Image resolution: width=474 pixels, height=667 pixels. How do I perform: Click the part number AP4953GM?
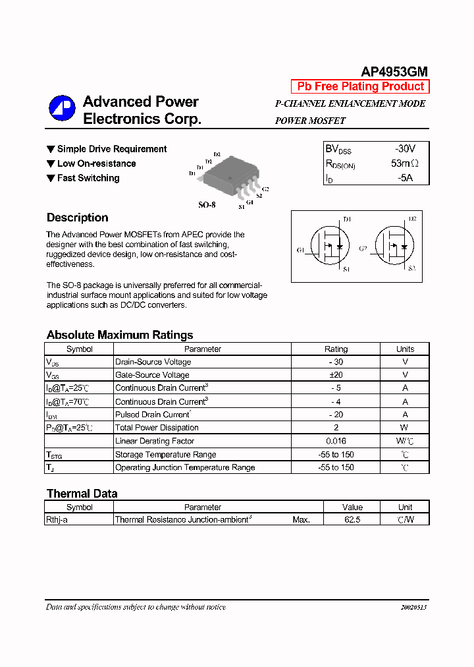pyautogui.click(x=394, y=72)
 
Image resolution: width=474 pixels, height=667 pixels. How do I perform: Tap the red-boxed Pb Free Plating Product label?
pyautogui.click(x=360, y=86)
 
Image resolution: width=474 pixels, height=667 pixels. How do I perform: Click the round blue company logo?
pyautogui.click(x=62, y=109)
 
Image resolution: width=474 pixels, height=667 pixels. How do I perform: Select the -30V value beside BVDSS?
pyautogui.click(x=405, y=149)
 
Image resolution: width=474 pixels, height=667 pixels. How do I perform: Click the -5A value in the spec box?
pyautogui.click(x=404, y=178)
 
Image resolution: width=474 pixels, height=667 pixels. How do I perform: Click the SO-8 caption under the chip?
pyautogui.click(x=207, y=205)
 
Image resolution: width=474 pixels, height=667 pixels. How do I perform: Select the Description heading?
pyautogui.click(x=77, y=217)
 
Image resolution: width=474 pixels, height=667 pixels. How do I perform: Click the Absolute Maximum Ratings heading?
pyautogui.click(x=120, y=335)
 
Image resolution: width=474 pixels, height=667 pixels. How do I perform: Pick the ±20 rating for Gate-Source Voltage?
pyautogui.click(x=336, y=375)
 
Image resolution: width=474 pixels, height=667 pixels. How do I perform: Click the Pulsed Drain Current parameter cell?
pyautogui.click(x=153, y=415)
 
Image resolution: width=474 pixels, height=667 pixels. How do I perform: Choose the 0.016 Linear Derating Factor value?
pyautogui.click(x=336, y=441)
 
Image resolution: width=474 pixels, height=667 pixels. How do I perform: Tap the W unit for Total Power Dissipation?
pyautogui.click(x=405, y=428)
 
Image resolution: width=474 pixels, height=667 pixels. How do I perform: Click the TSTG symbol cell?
pyautogui.click(x=54, y=455)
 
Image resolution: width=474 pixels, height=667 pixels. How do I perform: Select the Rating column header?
pyautogui.click(x=336, y=349)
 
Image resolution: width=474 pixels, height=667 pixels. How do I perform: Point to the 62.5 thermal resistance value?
pyautogui.click(x=352, y=520)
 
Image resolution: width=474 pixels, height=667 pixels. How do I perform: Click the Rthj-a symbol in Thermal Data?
pyautogui.click(x=57, y=520)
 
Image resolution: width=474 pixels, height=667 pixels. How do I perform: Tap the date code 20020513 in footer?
pyautogui.click(x=414, y=607)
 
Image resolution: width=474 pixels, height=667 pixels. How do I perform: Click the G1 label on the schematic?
pyautogui.click(x=300, y=250)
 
